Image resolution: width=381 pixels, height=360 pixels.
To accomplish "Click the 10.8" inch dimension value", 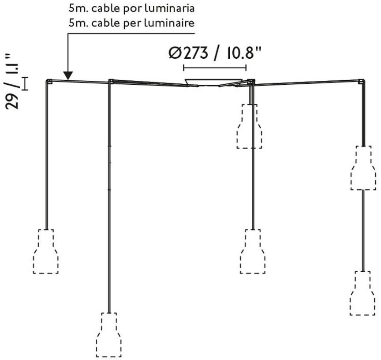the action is [240, 53].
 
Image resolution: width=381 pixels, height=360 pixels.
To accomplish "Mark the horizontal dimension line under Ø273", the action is [214, 68].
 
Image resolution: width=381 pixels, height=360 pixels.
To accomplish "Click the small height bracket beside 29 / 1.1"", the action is [26, 83].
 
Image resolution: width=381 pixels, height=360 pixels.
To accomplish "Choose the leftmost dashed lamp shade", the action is [45, 251].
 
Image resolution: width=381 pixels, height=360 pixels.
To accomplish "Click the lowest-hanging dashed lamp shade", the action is [109, 335].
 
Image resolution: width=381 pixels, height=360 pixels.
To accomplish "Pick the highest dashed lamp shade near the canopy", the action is [250, 126].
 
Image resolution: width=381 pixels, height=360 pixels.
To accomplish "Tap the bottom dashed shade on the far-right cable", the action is [362, 293].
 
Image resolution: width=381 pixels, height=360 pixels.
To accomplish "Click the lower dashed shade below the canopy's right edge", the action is [252, 251].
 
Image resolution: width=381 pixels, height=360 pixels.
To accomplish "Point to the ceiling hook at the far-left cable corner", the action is [49, 81].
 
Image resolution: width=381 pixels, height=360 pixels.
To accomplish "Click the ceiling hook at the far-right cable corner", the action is [362, 82].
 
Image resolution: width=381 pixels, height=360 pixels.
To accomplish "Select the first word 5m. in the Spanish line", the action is [78, 8].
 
